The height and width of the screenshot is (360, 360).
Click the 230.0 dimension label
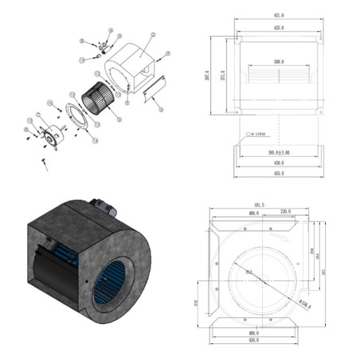tap(285, 213)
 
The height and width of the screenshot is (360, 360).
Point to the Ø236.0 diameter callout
tap(304, 305)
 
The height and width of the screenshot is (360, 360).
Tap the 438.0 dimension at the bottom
tap(255, 342)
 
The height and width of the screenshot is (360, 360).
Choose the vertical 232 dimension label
tap(196, 303)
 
